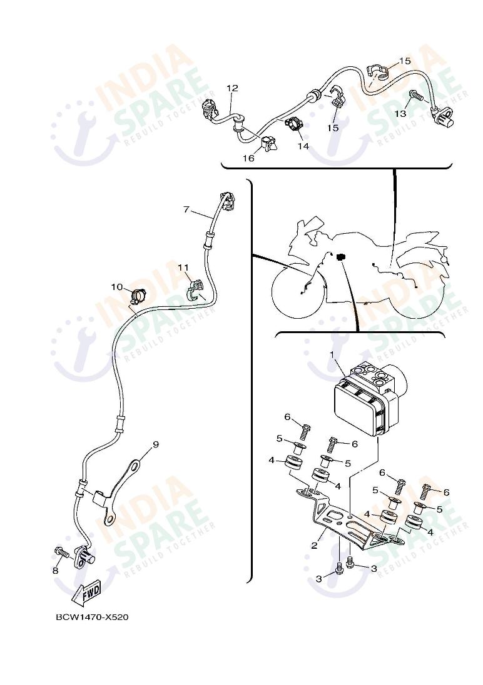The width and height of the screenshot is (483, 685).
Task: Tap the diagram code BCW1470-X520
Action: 92,617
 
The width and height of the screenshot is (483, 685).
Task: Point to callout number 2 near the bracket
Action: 314,545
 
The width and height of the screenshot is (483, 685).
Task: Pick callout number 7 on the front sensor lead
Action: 186,210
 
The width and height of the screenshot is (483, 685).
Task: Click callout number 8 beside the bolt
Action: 55,571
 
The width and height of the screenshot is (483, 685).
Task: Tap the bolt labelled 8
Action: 62,554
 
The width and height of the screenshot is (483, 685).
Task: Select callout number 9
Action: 156,444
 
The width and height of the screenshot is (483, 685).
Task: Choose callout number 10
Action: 117,287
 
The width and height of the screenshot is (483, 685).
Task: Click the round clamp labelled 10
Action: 138,296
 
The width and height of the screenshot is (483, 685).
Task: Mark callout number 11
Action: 183,266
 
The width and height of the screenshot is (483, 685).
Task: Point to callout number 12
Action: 232,87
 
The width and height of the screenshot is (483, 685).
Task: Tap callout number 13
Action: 400,114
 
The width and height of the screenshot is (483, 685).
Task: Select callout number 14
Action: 303,146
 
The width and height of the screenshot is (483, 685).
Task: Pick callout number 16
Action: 248,158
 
